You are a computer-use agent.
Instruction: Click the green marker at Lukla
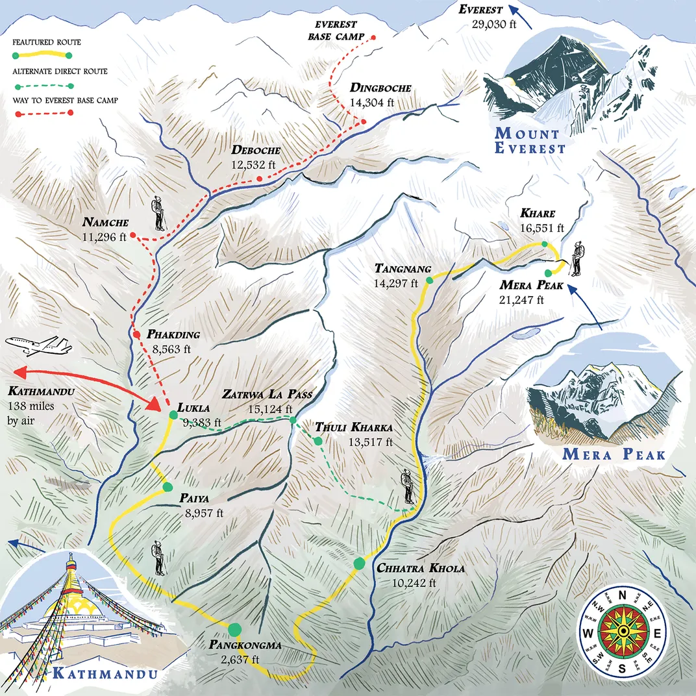173,414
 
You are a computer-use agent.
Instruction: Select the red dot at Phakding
136,335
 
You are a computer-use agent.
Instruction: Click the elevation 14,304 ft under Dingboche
372,102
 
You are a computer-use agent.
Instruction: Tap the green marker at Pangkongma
235,628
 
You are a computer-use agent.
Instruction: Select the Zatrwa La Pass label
267,394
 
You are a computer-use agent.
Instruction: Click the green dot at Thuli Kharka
317,441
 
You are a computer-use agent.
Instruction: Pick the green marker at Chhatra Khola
359,564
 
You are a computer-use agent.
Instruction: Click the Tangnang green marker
429,280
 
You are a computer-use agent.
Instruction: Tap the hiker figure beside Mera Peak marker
577,260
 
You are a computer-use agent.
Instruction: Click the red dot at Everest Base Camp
373,38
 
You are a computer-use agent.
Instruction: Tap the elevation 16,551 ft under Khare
541,228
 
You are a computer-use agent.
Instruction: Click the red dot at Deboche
259,179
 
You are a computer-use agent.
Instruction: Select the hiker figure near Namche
158,215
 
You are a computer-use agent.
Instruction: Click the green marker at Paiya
168,487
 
